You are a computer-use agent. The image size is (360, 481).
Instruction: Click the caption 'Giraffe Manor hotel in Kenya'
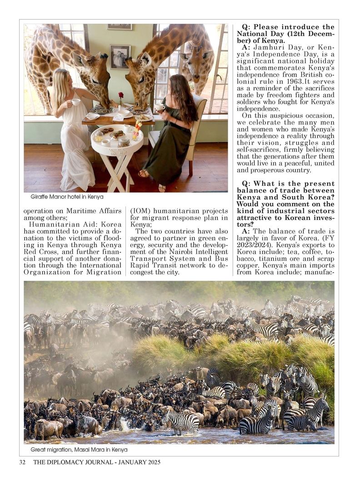(x=67, y=197)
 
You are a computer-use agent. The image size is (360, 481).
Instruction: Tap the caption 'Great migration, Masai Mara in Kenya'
(x=79, y=450)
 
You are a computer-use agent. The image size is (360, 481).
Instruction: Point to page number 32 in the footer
(x=22, y=462)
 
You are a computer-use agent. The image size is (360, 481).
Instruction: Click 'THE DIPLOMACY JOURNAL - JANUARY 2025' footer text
(x=97, y=462)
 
